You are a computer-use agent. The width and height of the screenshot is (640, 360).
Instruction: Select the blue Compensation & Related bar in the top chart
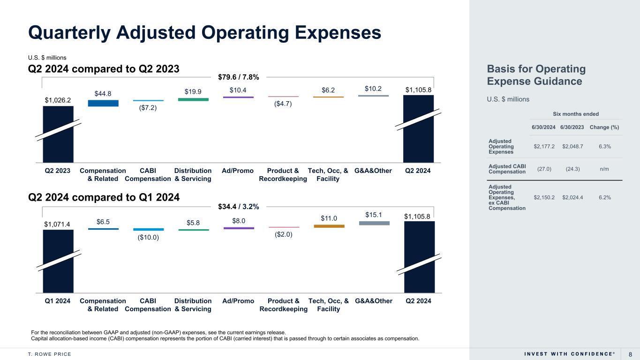pos(103,103)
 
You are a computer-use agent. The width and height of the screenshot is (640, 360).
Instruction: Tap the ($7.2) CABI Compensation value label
pos(148,108)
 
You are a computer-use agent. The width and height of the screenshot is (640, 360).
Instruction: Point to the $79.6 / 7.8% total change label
pos(239,76)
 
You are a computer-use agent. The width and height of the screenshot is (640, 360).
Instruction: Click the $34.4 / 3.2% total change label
pos(239,206)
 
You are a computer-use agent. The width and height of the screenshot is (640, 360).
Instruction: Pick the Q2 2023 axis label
pos(58,171)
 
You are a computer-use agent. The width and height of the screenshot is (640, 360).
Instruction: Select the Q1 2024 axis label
pos(58,301)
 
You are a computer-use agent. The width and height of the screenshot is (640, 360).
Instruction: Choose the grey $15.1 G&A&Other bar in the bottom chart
pos(374,223)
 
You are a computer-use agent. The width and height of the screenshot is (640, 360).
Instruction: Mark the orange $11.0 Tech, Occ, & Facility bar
pos(329,226)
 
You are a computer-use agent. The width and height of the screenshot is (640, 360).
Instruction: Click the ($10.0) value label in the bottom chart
pos(148,238)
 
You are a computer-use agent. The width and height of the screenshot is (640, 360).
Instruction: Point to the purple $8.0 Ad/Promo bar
pos(239,228)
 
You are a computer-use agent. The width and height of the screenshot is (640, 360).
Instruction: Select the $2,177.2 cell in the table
pos(544,147)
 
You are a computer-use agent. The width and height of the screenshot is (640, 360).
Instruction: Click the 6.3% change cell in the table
pos(604,147)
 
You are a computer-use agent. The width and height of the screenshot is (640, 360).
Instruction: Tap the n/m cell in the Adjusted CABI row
pos(604,169)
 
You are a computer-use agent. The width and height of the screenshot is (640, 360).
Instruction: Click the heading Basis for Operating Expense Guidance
pos(536,75)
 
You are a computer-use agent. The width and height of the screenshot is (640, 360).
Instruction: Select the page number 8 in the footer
pos(630,353)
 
